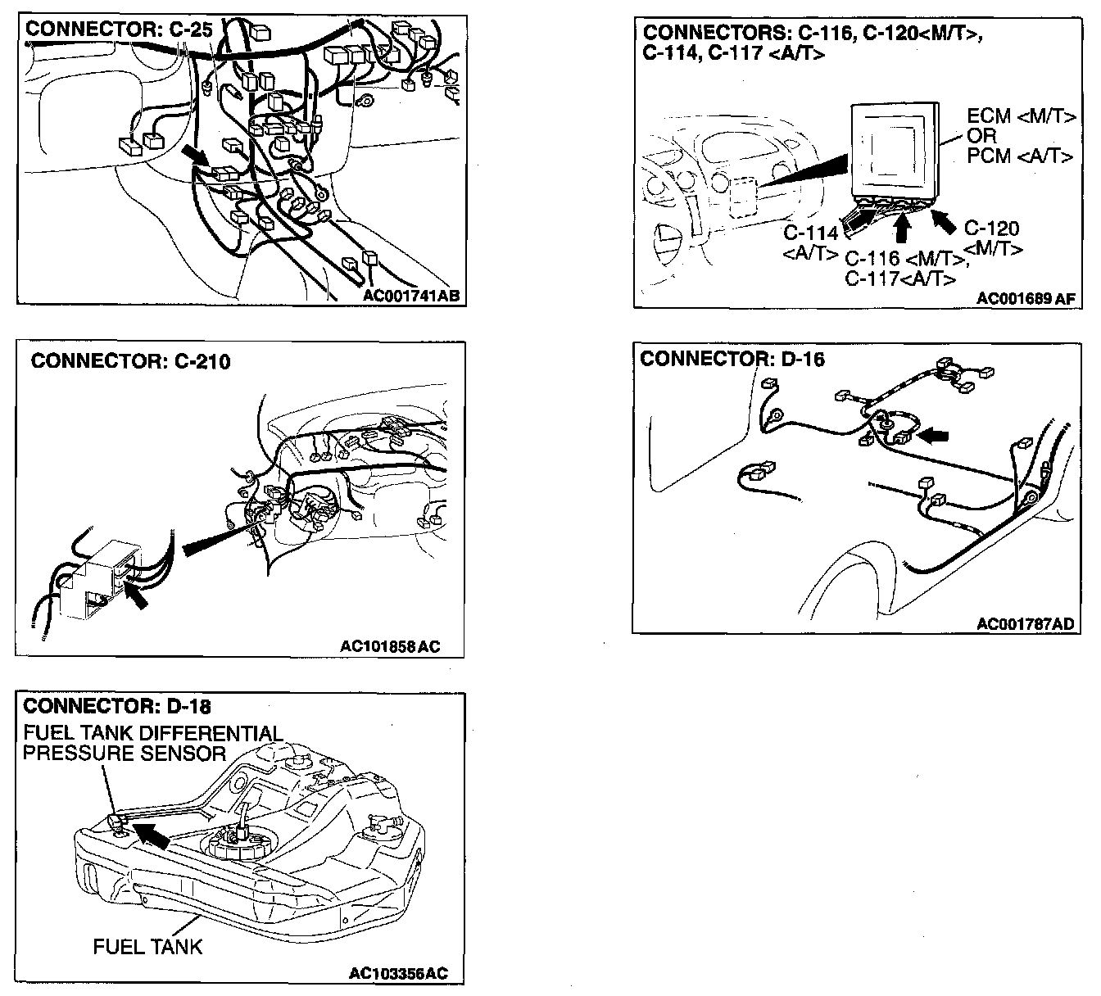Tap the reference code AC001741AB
click(411, 295)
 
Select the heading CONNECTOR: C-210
click(131, 361)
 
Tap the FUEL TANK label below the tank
click(147, 948)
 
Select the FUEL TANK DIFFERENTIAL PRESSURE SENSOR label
click(152, 743)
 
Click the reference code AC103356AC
click(398, 974)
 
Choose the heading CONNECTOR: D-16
click(732, 359)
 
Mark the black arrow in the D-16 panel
click(933, 436)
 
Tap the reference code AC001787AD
click(1025, 624)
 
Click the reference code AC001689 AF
click(1025, 299)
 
